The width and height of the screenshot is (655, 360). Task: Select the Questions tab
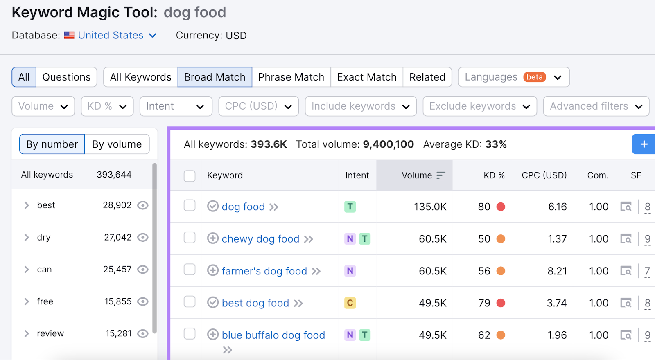[x=66, y=77]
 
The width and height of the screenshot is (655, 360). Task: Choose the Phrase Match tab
[x=291, y=77]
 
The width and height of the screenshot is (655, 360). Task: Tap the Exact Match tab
[x=366, y=77]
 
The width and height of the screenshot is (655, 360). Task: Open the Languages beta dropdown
[x=513, y=77]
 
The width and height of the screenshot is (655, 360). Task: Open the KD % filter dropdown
[x=107, y=106]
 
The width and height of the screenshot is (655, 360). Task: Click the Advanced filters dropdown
[x=596, y=106]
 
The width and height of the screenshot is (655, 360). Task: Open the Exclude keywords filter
[x=479, y=106]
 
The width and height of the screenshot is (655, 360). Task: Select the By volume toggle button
[x=117, y=144]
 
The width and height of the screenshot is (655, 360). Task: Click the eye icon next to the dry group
[x=142, y=237]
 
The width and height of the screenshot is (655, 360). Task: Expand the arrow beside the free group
[x=27, y=301]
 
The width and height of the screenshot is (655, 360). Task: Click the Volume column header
[x=417, y=175]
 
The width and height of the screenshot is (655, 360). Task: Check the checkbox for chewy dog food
[x=190, y=238]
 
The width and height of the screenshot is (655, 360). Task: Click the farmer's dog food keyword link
[x=264, y=271]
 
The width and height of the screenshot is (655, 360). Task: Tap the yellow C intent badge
[x=350, y=303]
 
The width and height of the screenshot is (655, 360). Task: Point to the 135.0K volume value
[x=430, y=207]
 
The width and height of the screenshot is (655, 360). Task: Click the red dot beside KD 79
[x=500, y=303]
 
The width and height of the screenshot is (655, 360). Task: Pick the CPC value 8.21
[x=557, y=271]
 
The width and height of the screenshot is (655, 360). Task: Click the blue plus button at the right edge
[x=644, y=144]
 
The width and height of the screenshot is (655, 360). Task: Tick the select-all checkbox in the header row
[x=190, y=176]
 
